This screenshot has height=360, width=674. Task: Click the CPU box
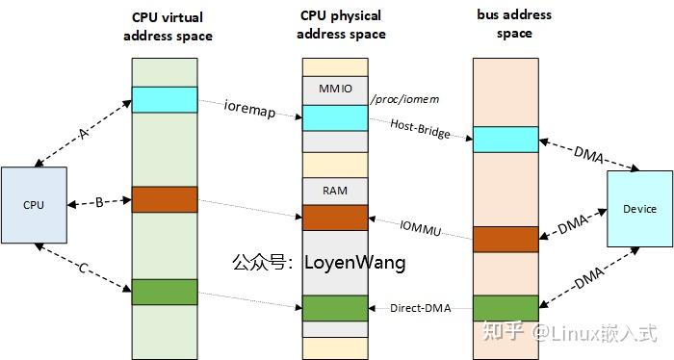click(35, 204)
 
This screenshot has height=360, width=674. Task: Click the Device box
click(639, 209)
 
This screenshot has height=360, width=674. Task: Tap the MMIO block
click(335, 90)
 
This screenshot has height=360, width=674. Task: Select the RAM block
click(335, 191)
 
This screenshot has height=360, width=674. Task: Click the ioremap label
click(249, 112)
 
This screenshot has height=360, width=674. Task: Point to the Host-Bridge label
click(421, 128)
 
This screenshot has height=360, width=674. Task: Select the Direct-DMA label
click(421, 308)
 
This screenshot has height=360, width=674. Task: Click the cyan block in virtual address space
click(164, 99)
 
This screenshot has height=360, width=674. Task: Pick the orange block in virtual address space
click(164, 199)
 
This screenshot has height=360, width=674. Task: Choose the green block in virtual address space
click(164, 291)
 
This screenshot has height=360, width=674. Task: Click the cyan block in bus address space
click(505, 139)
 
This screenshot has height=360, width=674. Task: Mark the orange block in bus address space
click(505, 239)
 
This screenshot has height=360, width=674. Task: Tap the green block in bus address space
click(505, 308)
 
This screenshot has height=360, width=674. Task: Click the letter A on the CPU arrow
click(83, 135)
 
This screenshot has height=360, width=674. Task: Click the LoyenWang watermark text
click(354, 262)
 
